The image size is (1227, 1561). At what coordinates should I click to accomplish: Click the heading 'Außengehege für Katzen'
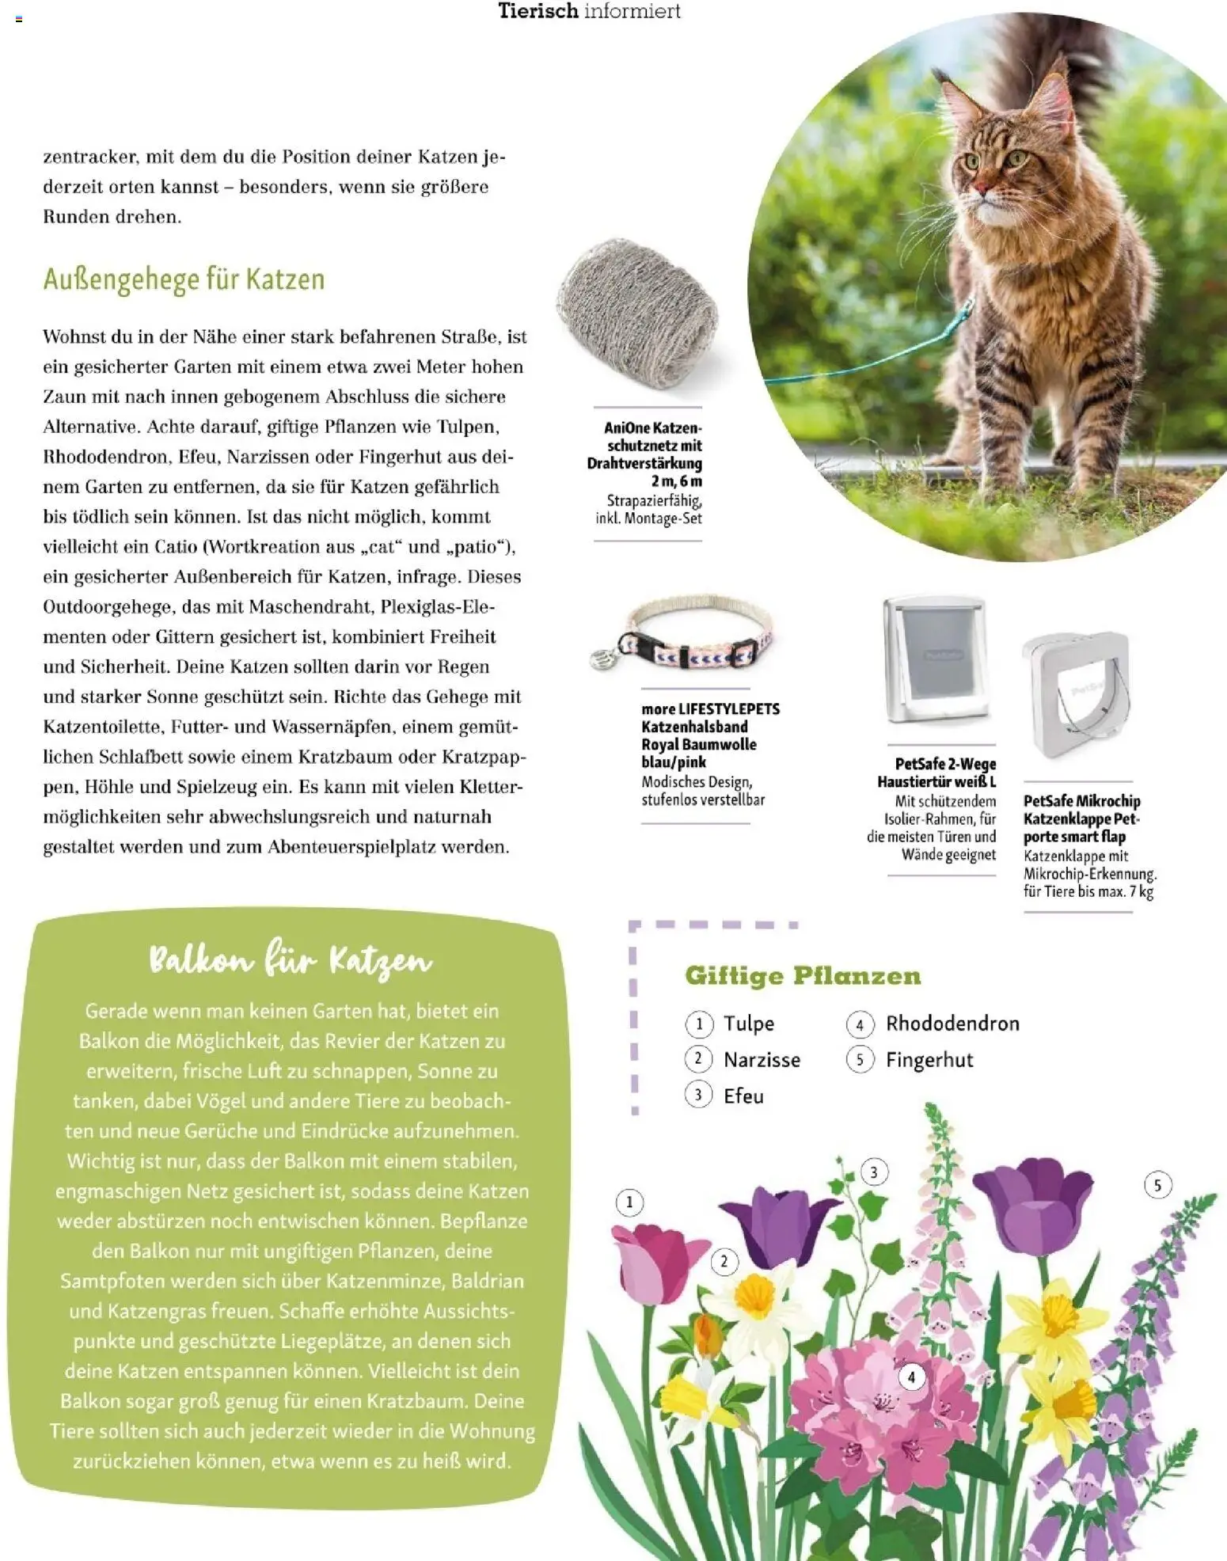(x=184, y=280)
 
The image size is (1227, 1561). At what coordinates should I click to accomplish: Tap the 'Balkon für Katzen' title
(x=291, y=961)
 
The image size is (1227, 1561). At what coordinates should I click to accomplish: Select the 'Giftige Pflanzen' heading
(x=803, y=975)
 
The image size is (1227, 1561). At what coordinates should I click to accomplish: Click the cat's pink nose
(x=980, y=188)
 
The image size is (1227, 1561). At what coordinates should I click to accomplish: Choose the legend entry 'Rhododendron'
(x=952, y=1024)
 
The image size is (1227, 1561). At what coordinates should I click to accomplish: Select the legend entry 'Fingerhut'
(x=929, y=1060)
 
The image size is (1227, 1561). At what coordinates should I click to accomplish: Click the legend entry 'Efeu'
(x=743, y=1096)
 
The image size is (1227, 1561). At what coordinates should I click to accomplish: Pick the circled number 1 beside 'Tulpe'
(x=699, y=1024)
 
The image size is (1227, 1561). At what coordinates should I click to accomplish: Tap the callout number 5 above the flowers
(x=1157, y=1185)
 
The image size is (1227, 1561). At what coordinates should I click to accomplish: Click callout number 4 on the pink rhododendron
(x=911, y=1377)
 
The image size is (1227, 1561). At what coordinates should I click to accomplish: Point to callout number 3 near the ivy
(x=873, y=1172)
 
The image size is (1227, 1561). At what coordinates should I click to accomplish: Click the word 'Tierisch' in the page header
(x=538, y=11)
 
